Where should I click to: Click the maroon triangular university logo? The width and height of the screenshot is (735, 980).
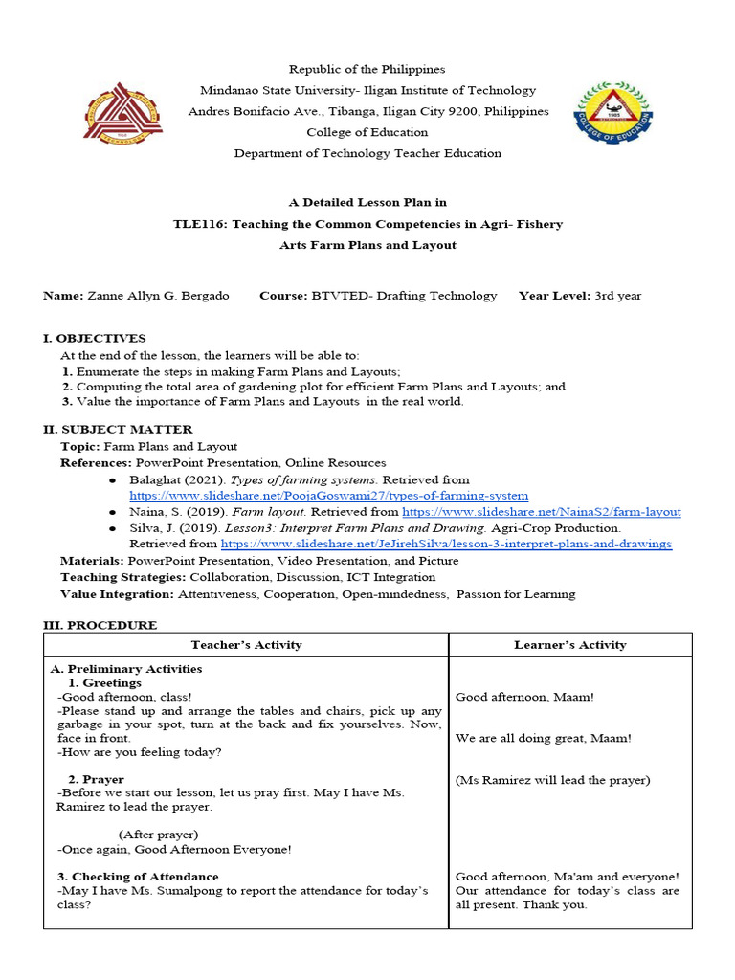coord(122,111)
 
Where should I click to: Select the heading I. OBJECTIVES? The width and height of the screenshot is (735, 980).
coord(94,338)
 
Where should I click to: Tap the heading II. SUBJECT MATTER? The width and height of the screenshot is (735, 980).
coord(118,429)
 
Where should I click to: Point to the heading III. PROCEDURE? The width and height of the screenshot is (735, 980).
coord(100,625)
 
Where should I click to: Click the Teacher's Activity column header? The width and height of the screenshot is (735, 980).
coord(246,645)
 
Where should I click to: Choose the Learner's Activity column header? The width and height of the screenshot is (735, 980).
coord(570,645)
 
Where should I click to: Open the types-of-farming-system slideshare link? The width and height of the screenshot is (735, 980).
coord(328,496)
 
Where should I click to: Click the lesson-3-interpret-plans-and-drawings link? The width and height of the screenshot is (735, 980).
coord(446,544)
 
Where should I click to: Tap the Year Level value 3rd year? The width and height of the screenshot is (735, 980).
coord(617,296)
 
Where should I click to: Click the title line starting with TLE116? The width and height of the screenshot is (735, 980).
coord(367,224)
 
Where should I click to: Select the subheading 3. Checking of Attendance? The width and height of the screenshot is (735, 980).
coord(138,877)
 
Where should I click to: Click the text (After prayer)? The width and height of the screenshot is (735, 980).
coord(159,835)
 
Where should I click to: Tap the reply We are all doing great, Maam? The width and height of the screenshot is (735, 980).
coord(544,738)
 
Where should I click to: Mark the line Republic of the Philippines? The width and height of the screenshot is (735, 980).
coord(367,70)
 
